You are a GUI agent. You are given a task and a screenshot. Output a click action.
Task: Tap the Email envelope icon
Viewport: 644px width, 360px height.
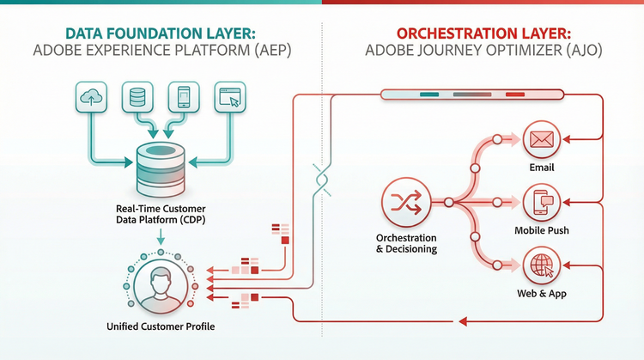[541, 139]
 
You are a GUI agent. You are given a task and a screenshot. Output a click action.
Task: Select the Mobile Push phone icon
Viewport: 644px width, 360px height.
[541, 203]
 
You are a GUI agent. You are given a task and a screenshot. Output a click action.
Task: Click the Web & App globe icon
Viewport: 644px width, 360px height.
[541, 265]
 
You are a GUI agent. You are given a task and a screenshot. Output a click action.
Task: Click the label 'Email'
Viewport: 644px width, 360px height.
[541, 168]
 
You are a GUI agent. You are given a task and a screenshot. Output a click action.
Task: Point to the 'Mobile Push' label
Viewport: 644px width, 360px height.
[541, 231]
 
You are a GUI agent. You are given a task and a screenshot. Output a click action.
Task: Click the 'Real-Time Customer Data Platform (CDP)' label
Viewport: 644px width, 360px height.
[159, 214]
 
